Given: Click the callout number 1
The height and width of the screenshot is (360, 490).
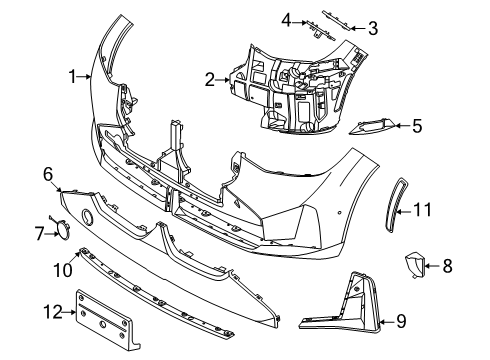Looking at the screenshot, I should (x=72, y=75).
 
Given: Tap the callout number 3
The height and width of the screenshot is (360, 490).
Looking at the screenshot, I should (x=373, y=27).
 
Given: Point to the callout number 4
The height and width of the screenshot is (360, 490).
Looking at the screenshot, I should (x=285, y=19).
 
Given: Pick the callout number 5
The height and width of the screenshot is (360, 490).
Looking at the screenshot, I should (x=418, y=125).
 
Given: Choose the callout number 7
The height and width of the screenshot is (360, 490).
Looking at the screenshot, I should (x=40, y=234).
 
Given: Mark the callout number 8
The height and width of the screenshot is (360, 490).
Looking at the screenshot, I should (x=447, y=266).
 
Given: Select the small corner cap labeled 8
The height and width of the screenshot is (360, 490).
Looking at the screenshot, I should (x=411, y=265).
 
